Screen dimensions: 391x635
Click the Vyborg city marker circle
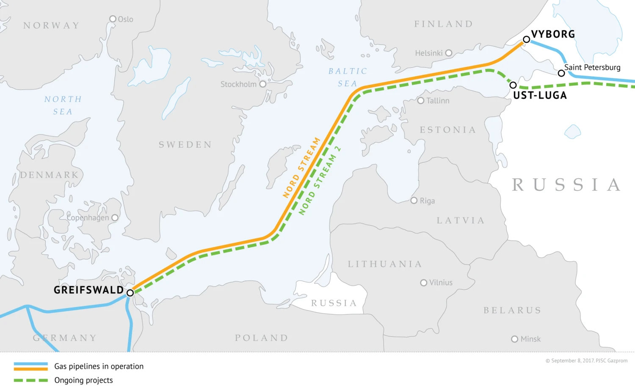[526, 39]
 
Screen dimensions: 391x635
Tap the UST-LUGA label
[540, 96]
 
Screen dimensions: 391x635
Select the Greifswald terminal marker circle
[130, 293]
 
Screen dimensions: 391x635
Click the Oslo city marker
[113, 19]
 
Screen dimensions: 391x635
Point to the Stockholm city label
[238, 84]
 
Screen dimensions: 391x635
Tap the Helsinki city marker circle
[449, 53]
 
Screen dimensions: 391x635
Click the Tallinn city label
[438, 101]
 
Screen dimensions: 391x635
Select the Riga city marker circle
[414, 201]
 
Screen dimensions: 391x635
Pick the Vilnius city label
[441, 283]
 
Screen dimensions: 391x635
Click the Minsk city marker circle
[515, 339]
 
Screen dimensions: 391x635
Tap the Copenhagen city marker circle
[115, 218]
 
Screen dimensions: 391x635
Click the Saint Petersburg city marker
[561, 73]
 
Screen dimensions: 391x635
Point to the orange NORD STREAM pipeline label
[301, 168]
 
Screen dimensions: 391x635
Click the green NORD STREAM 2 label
[320, 181]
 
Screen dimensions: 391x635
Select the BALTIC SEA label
[348, 77]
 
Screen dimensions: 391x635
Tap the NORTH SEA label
[63, 105]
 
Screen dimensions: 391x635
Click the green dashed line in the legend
[30, 380]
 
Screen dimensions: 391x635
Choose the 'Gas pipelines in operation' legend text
[99, 366]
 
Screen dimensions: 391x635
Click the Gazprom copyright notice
[586, 361]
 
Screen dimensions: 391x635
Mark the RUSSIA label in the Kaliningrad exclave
[334, 303]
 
